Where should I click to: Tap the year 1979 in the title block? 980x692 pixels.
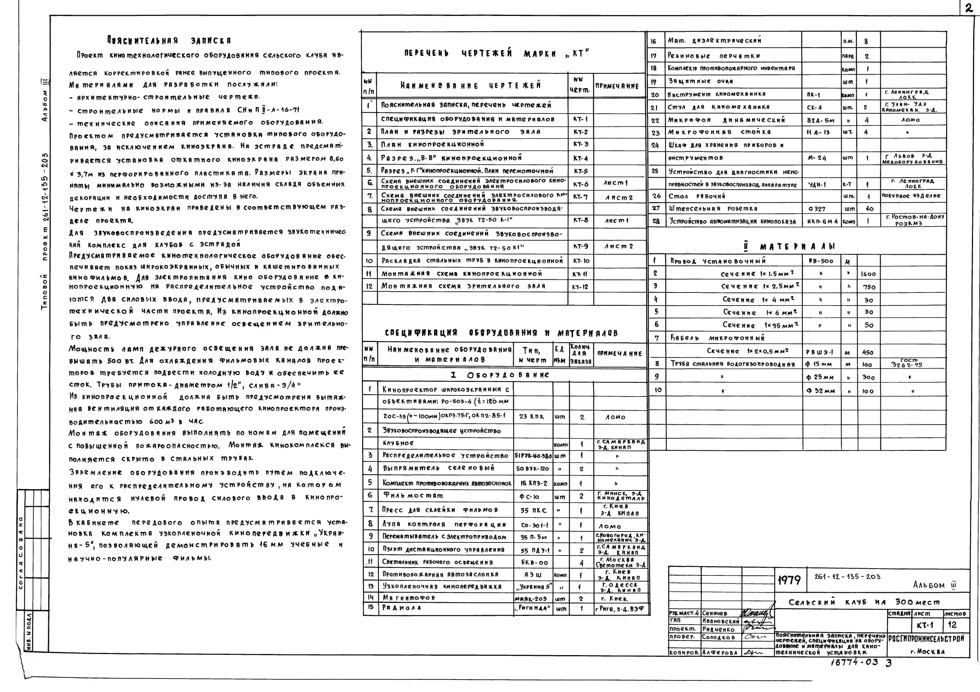point(789,580)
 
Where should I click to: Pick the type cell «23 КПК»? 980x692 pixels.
point(531,416)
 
